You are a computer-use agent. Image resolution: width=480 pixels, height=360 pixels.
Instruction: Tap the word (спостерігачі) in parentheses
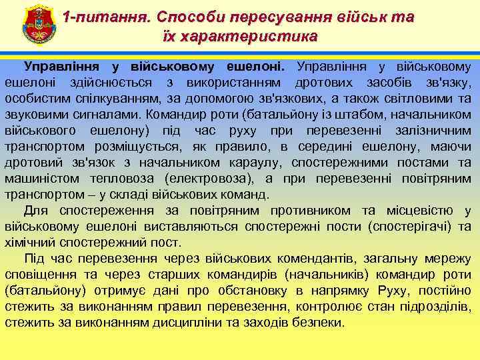coord(409,227)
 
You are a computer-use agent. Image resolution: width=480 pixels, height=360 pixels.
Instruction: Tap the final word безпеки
coord(315,323)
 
